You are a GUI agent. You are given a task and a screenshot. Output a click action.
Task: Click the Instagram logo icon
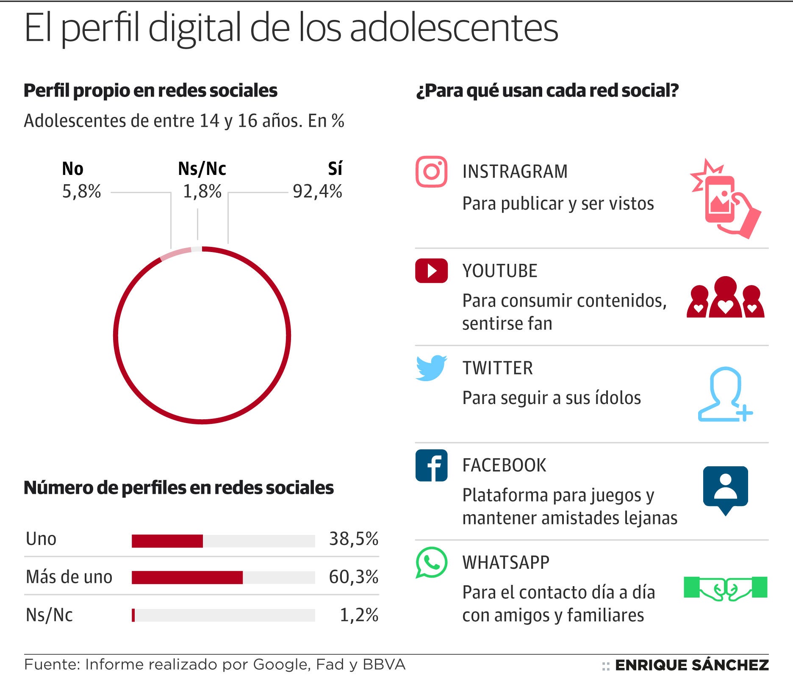coord(431,172)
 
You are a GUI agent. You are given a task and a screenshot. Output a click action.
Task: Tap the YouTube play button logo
coord(431,271)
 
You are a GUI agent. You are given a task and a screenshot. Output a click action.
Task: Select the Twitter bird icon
coord(431,368)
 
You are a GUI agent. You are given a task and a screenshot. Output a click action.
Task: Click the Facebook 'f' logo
coord(431,465)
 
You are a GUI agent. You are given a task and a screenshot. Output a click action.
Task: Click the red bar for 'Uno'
coord(167,541)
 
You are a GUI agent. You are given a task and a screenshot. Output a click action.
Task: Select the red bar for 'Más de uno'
coord(187,577)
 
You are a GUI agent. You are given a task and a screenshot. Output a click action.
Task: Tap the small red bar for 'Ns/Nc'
coord(133,615)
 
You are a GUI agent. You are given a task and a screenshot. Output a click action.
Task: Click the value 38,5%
coord(354,539)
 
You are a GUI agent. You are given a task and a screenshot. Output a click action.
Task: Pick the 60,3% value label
coord(354,577)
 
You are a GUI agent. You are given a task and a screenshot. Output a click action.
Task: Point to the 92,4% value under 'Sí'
coord(317,191)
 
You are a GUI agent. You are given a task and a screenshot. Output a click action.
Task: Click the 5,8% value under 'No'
coord(82,191)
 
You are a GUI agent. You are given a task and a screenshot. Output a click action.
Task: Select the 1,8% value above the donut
coord(202,191)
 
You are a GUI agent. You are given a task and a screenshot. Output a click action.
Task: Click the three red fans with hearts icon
coord(725,298)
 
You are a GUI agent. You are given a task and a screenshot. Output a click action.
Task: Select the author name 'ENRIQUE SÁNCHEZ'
coord(692,665)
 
